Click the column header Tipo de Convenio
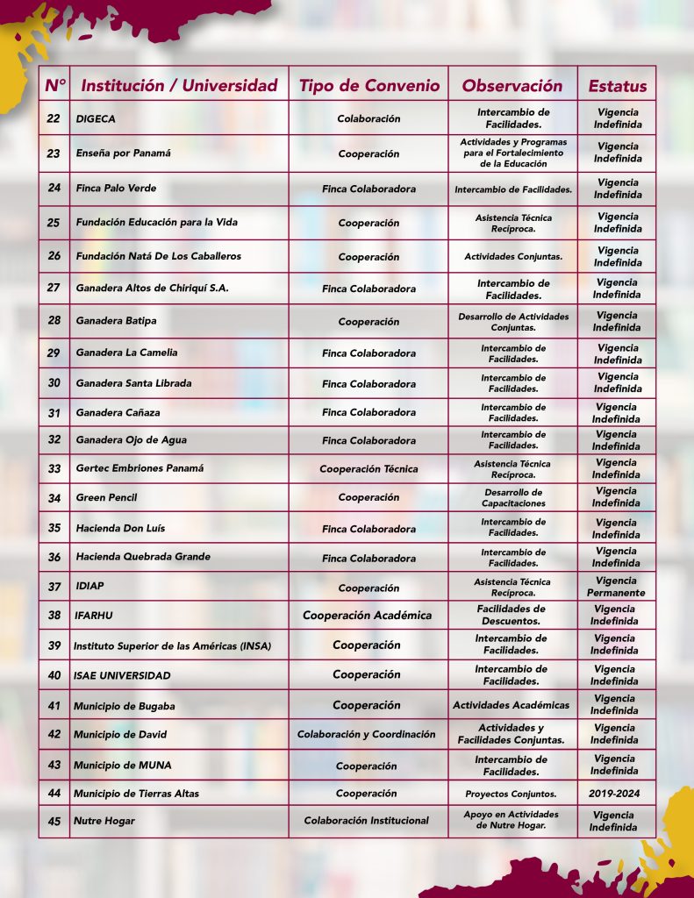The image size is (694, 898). (x=368, y=85)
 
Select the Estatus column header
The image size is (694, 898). (x=617, y=86)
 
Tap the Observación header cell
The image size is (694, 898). (x=512, y=85)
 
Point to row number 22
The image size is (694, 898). (x=54, y=118)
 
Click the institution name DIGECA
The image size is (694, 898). (x=96, y=118)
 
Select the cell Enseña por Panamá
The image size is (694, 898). (x=123, y=153)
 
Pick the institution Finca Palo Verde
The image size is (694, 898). (x=116, y=189)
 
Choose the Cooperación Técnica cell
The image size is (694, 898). (x=368, y=469)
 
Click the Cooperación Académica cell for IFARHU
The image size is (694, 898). (x=368, y=616)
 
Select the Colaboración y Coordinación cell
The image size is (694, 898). (x=366, y=735)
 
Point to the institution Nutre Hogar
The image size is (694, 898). (x=104, y=822)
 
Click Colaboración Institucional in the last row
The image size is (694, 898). (x=367, y=821)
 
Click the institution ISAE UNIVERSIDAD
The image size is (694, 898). (x=122, y=675)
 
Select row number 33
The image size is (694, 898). (x=54, y=469)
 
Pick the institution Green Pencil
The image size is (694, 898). (x=106, y=498)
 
